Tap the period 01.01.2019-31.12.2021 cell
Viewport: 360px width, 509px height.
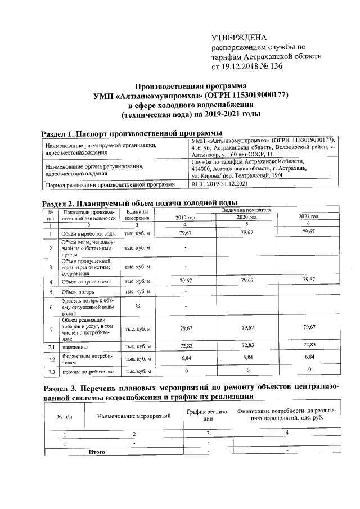[219, 184]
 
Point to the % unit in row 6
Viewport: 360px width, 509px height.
[137, 307]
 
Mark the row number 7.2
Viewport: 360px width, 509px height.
[51, 358]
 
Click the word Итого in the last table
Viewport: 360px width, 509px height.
[95, 451]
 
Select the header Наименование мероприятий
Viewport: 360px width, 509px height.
[134, 417]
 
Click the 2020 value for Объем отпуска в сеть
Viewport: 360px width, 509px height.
[247, 280]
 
